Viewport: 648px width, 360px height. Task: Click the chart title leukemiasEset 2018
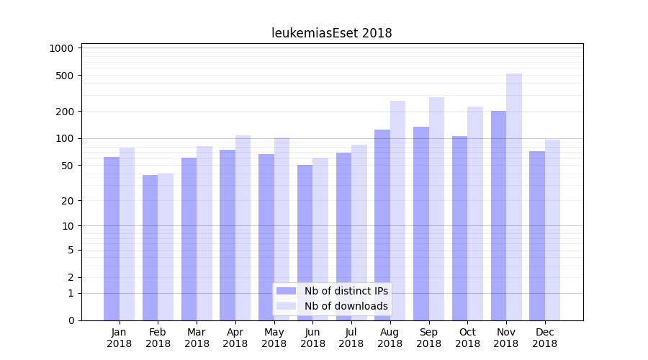331,33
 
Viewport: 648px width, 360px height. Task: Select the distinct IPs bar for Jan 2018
112,238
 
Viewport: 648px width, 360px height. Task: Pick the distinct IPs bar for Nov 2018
498,215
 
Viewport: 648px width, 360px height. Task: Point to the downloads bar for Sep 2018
436,209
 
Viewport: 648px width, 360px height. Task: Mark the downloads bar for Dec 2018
553,230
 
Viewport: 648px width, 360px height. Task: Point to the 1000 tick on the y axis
62,48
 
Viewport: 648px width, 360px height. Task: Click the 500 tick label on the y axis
65,76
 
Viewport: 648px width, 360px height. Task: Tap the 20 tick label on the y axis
67,201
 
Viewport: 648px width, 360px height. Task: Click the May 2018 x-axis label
274,338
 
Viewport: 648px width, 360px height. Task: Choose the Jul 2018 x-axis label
351,338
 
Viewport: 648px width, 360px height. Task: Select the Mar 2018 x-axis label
197,338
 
